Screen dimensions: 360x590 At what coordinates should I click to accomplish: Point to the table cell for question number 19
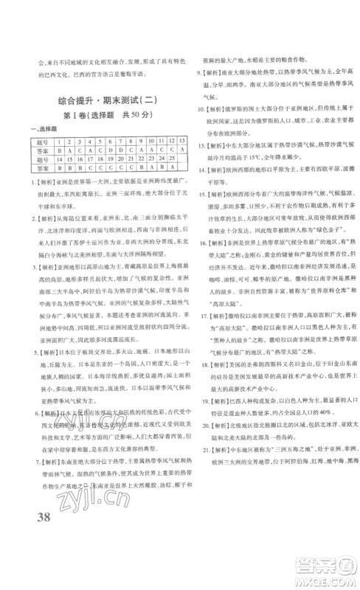click(x=108, y=159)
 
